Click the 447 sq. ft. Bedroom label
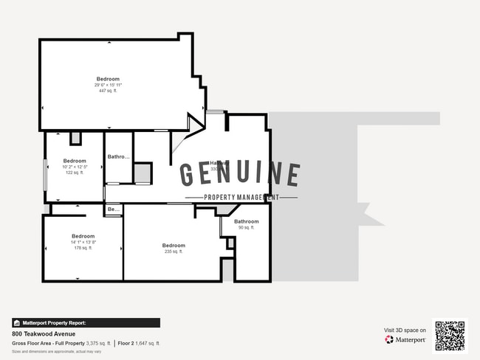(107, 79)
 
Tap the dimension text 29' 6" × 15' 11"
(107, 85)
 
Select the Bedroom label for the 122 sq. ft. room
(75, 161)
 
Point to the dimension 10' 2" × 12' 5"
(75, 167)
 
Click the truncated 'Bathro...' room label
(119, 156)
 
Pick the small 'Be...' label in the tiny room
(113, 210)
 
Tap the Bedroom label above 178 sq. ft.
(83, 236)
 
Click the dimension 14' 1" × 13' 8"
(83, 242)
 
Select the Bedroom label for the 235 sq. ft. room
(174, 245)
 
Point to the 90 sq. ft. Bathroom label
(247, 221)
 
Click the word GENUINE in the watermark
(240, 175)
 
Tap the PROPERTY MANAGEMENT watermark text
(241, 198)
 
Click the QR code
(450, 335)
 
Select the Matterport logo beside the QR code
(405, 340)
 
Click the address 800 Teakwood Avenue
(44, 333)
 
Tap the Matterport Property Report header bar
(86, 322)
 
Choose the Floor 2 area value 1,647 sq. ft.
(148, 343)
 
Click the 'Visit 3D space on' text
(405, 330)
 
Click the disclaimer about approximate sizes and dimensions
(56, 351)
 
